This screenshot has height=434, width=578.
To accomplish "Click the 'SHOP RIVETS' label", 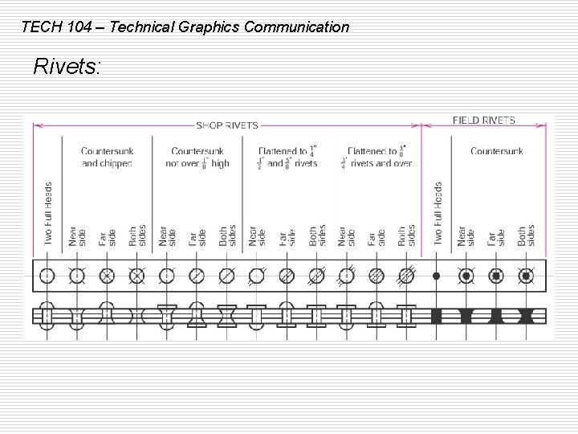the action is (227, 125).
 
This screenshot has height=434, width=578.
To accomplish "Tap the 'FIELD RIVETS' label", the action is (484, 121).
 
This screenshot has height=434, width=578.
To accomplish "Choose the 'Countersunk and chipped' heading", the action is (107, 157).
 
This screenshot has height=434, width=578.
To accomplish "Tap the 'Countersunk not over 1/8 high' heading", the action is (198, 157).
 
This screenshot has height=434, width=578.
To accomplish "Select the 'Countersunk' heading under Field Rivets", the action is (497, 151).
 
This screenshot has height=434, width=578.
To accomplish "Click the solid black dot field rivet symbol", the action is (437, 276).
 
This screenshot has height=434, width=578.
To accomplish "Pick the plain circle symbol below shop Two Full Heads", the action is (47, 276).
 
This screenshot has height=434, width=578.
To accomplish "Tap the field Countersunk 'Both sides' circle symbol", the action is (526, 276).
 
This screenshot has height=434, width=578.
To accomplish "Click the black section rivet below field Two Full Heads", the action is (437, 315).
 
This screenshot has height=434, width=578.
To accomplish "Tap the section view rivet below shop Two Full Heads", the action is (47, 315).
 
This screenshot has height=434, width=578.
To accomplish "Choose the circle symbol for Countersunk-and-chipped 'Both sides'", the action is (137, 276).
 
